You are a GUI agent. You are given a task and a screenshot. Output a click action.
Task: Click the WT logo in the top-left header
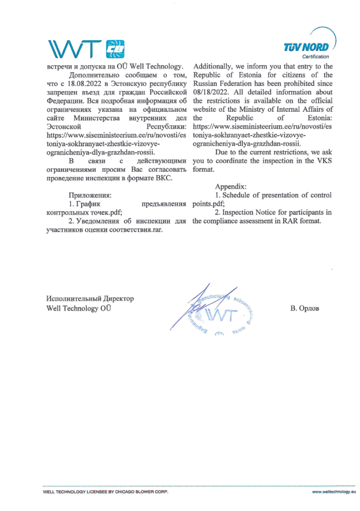coord(88,48)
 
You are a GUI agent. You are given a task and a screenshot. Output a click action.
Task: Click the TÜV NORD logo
coord(306,48)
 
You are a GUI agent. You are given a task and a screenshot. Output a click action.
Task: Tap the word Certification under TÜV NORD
coord(315,57)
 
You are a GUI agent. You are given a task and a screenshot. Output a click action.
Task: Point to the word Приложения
coord(90,195)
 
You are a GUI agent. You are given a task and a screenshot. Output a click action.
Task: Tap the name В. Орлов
coord(304,308)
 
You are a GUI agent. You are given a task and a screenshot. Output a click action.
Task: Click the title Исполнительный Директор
coord(90,298)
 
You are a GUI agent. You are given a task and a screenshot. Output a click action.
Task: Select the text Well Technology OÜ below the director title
coord(78,308)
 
